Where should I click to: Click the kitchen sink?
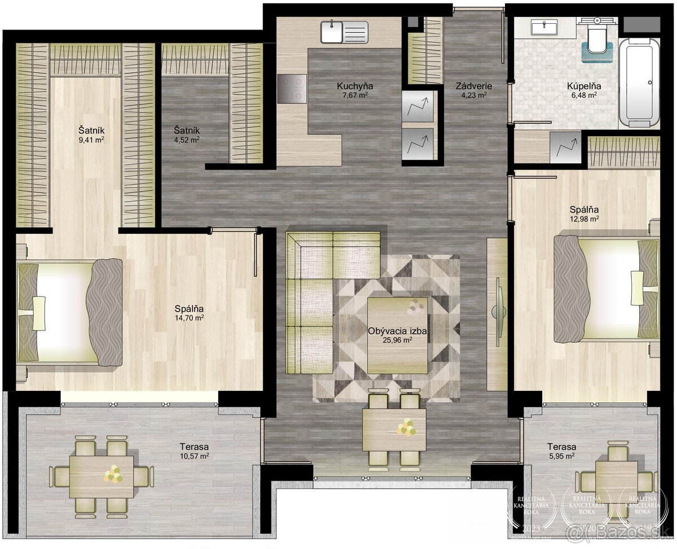pos(344,32)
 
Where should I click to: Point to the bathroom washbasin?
pos(544,27)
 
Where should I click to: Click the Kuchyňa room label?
pos(355,86)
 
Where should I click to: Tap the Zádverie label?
pos(474,86)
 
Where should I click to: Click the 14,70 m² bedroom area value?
pos(189,318)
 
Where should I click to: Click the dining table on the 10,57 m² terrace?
pos(102,476)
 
